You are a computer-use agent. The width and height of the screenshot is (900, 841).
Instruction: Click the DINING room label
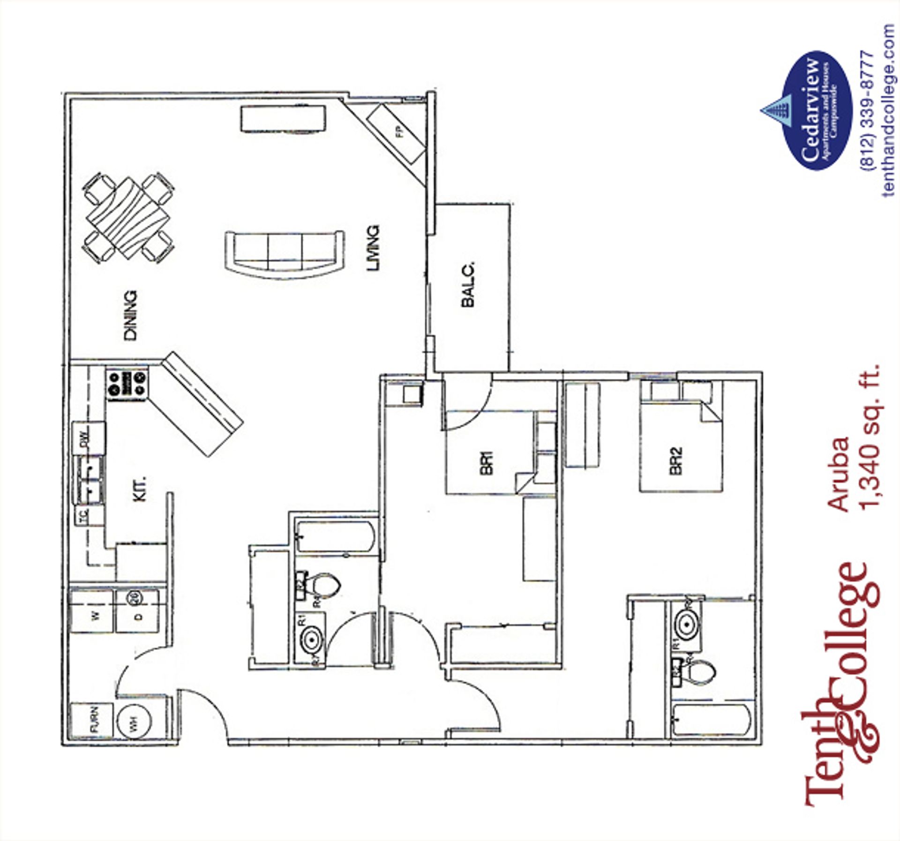(130, 315)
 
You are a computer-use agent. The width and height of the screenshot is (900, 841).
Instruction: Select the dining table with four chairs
(129, 218)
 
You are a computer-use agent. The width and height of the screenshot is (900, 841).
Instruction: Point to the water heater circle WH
(134, 725)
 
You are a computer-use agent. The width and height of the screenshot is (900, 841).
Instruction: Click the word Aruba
(838, 474)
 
